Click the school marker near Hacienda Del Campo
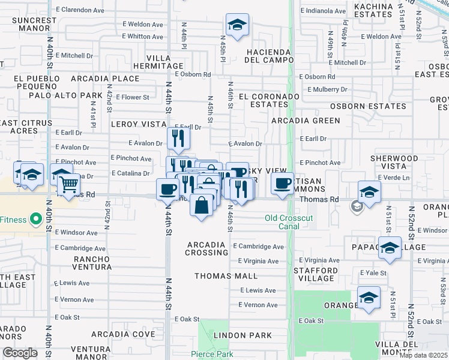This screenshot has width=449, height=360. pyautogui.click(x=238, y=26)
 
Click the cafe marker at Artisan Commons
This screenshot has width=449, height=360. pyautogui.click(x=282, y=184)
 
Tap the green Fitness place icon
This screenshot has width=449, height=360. pyautogui.click(x=35, y=220)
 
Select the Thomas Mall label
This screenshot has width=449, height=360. pyautogui.click(x=226, y=276)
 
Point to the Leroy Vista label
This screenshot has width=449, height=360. pyautogui.click(x=138, y=124)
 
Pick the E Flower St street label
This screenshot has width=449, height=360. pyautogui.click(x=132, y=97)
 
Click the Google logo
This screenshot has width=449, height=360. pyautogui.click(x=20, y=353)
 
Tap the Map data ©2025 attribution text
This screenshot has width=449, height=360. pyautogui.click(x=423, y=355)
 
